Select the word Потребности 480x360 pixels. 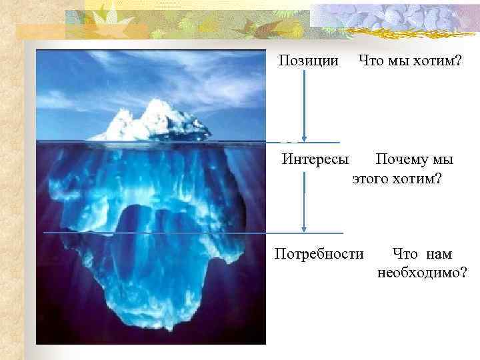320,254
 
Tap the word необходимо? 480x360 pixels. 421,273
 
